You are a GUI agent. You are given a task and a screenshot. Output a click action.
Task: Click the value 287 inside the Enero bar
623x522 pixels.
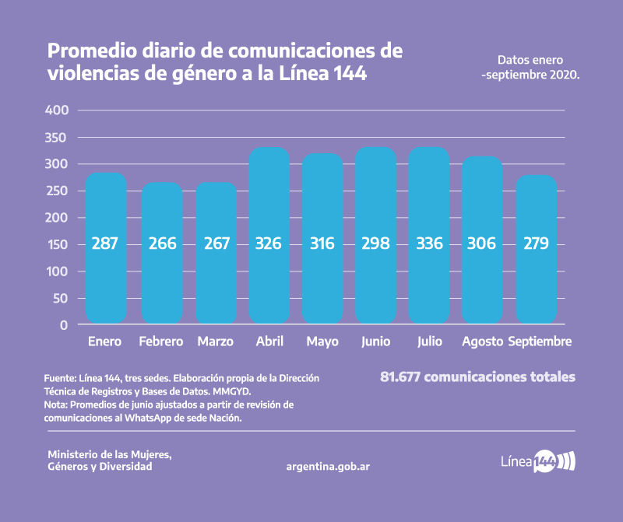click(105, 243)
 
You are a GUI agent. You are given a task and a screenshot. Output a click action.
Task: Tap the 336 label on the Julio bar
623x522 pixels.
click(429, 243)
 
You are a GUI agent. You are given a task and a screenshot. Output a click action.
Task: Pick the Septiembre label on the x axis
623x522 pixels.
click(540, 342)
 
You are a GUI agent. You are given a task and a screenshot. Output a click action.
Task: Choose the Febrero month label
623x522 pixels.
click(160, 342)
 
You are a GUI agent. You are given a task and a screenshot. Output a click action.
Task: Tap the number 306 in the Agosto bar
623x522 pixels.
click(483, 243)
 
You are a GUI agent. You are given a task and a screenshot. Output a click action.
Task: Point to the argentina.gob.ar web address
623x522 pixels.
click(328, 466)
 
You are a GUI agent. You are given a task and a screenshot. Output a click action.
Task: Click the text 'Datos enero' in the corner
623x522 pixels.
click(530, 60)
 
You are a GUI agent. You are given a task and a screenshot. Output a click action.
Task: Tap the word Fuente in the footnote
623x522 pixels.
click(59, 377)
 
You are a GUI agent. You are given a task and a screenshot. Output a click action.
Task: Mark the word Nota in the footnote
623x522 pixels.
click(56, 405)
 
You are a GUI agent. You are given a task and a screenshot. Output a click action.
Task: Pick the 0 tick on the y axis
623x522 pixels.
click(65, 325)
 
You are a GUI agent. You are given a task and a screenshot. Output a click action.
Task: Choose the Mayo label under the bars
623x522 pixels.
click(322, 342)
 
